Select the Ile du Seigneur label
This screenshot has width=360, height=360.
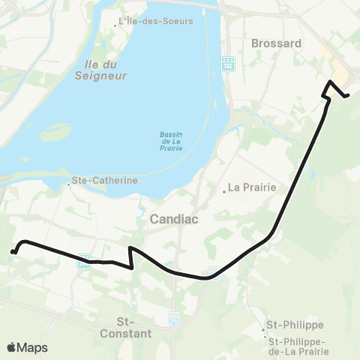pyautogui.click(x=100, y=70)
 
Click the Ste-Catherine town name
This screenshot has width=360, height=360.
pyautogui.click(x=105, y=181)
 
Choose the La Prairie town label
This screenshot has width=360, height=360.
pyautogui.click(x=253, y=187)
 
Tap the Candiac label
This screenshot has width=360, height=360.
pyautogui.click(x=173, y=219)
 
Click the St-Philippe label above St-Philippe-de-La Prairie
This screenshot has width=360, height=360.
pyautogui.click(x=295, y=325)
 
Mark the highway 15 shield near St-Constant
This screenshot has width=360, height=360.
pyautogui.click(x=175, y=318)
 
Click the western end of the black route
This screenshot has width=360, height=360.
pyautogui.click(x=13, y=251)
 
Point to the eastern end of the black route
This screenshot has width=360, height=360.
pyautogui.click(x=347, y=95)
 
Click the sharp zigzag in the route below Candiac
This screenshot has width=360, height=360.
pyautogui.click(x=132, y=258)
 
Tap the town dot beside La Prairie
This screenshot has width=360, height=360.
pyautogui.click(x=223, y=190)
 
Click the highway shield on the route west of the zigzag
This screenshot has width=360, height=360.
pyautogui.click(x=85, y=260)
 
